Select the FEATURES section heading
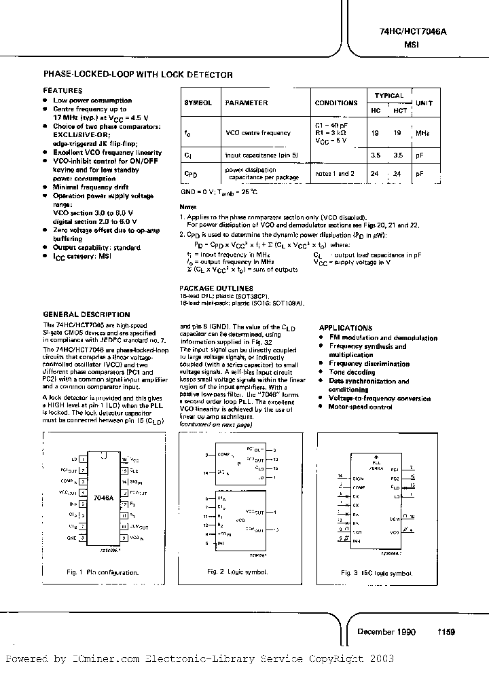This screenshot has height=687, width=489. click(x=62, y=90)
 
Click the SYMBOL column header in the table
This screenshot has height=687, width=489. click(x=198, y=103)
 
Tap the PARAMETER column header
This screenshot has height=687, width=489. click(x=247, y=103)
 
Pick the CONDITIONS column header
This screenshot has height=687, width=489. click(x=336, y=103)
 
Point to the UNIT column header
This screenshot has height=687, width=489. click(x=424, y=103)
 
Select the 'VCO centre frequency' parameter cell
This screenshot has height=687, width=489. click(x=257, y=134)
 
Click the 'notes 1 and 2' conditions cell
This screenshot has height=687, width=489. click(x=335, y=174)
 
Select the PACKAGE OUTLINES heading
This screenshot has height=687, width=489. click(x=216, y=289)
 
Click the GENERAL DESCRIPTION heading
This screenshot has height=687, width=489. click(x=86, y=314)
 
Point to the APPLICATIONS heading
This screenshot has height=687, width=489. click(x=346, y=327)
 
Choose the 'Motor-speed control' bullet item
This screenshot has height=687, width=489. click(x=361, y=407)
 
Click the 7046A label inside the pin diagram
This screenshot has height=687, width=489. click(x=103, y=497)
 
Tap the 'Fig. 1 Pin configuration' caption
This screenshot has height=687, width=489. click(x=103, y=572)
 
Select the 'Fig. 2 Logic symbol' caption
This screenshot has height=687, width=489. click(x=237, y=572)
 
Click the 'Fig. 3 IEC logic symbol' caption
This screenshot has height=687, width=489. click(x=376, y=573)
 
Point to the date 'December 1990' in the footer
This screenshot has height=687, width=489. click(x=386, y=631)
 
